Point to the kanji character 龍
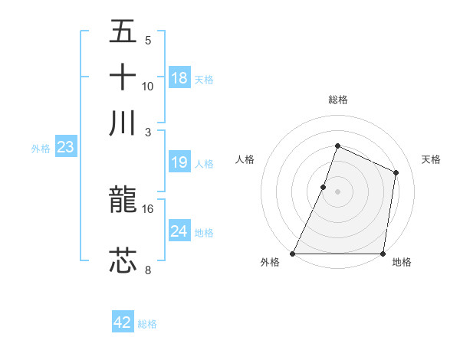point(123,201)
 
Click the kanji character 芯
point(123,260)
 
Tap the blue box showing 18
point(179,78)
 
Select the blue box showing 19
point(179,162)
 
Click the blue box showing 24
point(179,231)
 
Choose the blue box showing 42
point(123,322)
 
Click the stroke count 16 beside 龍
point(148,208)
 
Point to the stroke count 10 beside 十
point(148,86)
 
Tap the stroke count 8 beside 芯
point(148,269)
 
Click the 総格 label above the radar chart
point(337,100)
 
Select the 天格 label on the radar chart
point(432,159)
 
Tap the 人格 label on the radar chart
point(245,159)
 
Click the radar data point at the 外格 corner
point(293,254)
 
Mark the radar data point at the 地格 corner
point(383,254)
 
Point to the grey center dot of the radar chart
point(337,191)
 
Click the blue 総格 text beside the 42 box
point(147,324)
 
